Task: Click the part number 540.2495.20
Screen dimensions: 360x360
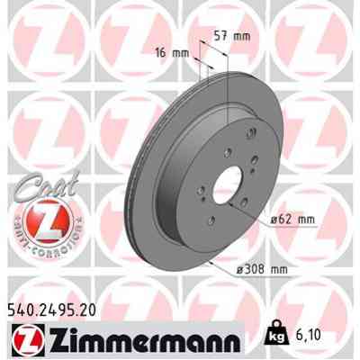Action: point(52,309)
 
